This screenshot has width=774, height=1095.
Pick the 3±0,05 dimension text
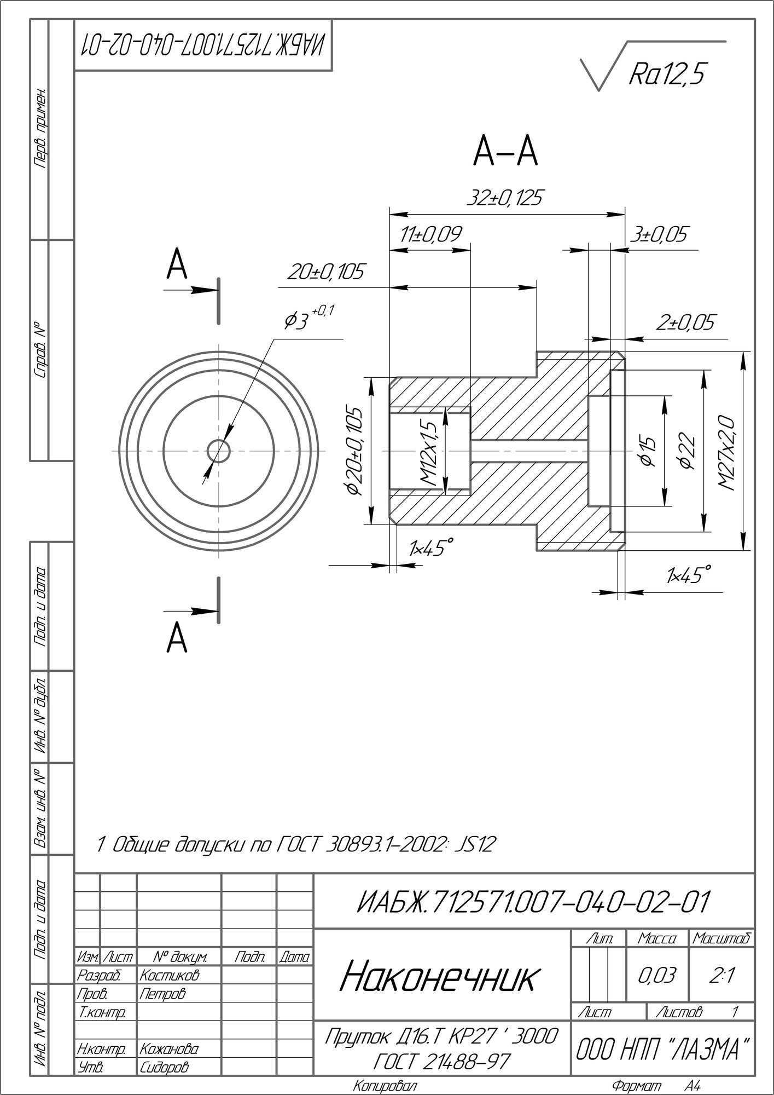[x=659, y=234]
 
